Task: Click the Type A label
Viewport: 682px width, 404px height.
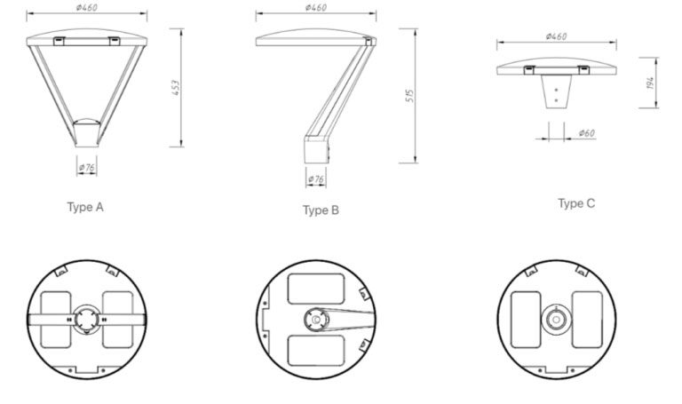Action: (86, 207)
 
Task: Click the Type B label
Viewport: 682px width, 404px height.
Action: (321, 210)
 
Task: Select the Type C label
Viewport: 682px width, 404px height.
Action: (576, 203)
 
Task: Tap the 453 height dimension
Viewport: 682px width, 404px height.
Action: (176, 89)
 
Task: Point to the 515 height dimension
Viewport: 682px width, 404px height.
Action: (408, 95)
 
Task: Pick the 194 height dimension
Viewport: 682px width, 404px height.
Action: (651, 83)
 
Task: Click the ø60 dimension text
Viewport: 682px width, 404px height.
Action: (586, 133)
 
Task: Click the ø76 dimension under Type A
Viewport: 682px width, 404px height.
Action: (86, 167)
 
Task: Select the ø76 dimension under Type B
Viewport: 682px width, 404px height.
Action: (316, 179)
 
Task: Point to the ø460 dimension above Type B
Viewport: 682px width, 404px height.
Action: (315, 8)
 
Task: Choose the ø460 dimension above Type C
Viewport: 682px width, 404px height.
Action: (556, 36)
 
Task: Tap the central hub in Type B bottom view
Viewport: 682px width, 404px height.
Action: (315, 319)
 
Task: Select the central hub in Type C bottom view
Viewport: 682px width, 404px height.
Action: (556, 319)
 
